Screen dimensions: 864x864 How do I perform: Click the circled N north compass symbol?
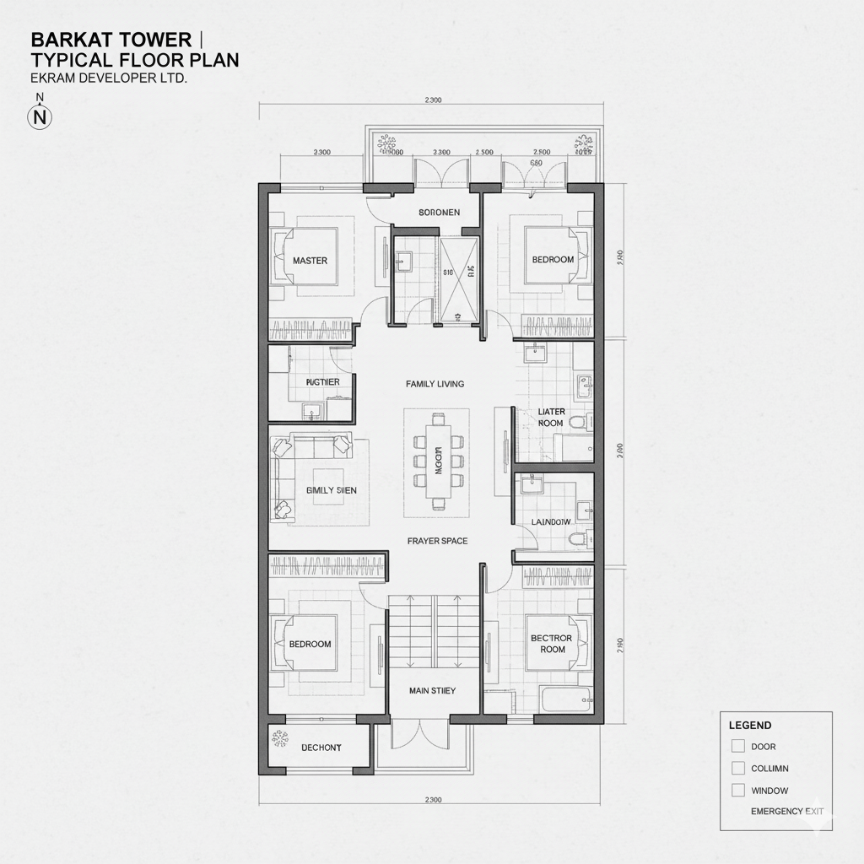[x=40, y=117]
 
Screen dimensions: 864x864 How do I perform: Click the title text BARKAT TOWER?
[x=110, y=40]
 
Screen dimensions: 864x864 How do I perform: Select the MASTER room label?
[x=310, y=261]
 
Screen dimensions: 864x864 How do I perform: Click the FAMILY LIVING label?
[x=435, y=384]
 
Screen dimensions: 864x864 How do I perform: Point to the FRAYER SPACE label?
[x=437, y=541]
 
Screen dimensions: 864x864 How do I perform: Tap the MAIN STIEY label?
[x=432, y=690]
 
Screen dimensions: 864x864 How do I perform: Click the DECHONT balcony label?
[x=321, y=748]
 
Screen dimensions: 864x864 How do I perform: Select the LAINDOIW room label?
[x=551, y=522]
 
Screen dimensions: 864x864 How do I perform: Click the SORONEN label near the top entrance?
[x=439, y=213]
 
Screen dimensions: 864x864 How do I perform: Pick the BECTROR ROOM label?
[x=552, y=644]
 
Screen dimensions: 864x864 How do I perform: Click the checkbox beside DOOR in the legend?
[x=738, y=746]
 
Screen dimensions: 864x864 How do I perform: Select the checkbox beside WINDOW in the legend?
[x=738, y=791]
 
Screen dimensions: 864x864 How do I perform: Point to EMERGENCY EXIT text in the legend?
[x=787, y=812]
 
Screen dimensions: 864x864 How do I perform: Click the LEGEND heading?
[x=750, y=725]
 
